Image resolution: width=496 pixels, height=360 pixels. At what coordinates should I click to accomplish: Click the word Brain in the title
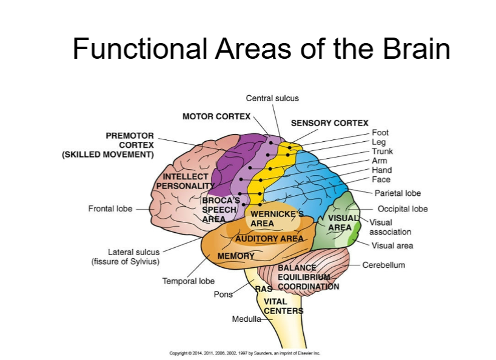[417, 48]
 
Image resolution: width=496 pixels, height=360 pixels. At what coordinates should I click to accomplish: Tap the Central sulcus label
[272, 98]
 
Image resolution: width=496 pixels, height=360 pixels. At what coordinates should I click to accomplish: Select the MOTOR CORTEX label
[216, 116]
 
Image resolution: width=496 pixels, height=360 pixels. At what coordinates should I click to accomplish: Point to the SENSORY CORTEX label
[330, 123]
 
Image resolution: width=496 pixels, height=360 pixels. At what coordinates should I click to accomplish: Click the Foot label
[380, 133]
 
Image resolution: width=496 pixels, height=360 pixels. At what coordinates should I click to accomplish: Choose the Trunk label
[382, 151]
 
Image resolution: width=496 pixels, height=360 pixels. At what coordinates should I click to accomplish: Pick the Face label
[381, 179]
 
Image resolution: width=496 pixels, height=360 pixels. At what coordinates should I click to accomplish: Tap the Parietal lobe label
[398, 193]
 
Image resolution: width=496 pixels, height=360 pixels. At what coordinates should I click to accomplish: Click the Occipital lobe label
[403, 209]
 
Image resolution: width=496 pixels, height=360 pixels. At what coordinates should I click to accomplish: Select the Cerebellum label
[383, 265]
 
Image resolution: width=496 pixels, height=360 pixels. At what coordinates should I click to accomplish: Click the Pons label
[223, 295]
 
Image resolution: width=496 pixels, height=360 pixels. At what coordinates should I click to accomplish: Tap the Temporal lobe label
[189, 281]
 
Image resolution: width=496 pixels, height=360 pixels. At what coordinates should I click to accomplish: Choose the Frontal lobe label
[110, 208]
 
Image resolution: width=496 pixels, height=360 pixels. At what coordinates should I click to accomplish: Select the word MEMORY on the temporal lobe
[236, 256]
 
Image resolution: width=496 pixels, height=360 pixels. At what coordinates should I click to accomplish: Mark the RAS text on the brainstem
[264, 289]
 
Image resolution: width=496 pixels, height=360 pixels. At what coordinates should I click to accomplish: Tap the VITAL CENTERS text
[283, 306]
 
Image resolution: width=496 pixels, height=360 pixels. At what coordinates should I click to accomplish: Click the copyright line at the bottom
[245, 353]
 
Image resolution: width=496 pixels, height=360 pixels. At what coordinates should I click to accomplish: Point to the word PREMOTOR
[130, 136]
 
